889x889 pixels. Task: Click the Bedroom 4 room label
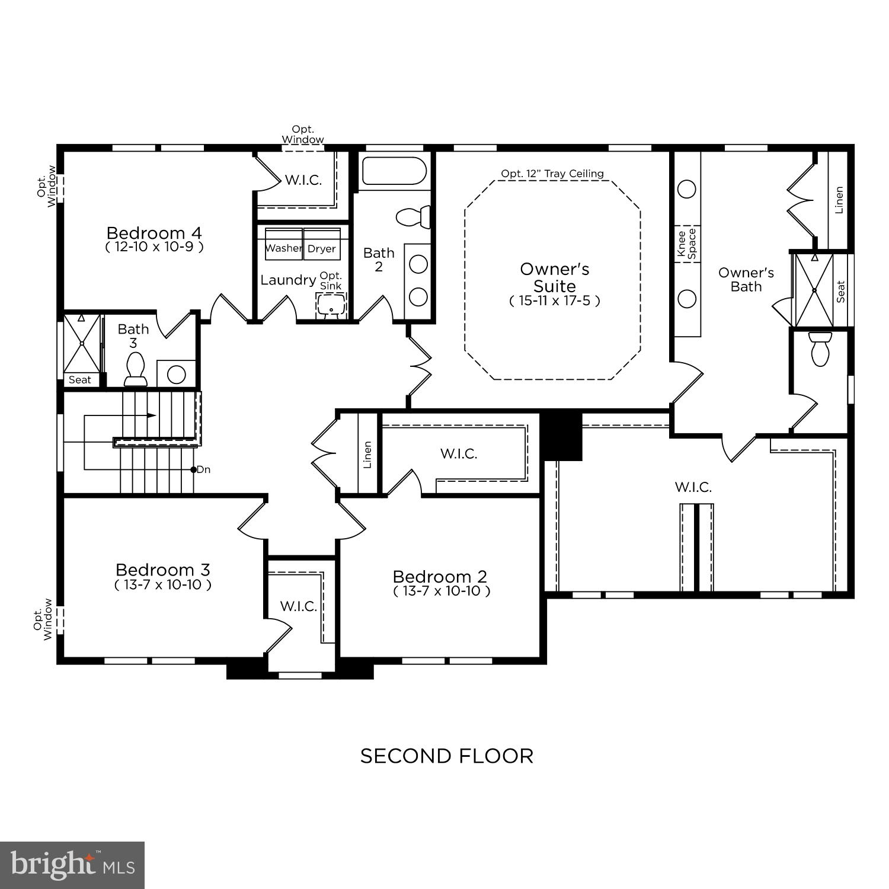point(154,232)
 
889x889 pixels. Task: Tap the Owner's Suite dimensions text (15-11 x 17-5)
point(555,300)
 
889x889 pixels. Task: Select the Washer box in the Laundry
point(283,248)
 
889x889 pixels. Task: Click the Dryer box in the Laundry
point(322,248)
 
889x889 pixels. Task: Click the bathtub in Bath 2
point(394,171)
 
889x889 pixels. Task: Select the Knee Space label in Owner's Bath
point(687,244)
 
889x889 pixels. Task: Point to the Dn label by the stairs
point(203,469)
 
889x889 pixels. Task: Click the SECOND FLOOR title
point(447,756)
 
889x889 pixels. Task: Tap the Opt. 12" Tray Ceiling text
point(552,174)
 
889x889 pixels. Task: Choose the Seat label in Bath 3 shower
point(80,380)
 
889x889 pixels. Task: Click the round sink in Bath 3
point(176,374)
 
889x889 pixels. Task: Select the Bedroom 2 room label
point(440,577)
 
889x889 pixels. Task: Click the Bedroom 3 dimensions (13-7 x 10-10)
point(163,585)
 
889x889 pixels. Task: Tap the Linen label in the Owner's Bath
point(839,200)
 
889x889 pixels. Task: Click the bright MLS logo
point(72,865)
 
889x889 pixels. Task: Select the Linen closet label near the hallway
point(367,454)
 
